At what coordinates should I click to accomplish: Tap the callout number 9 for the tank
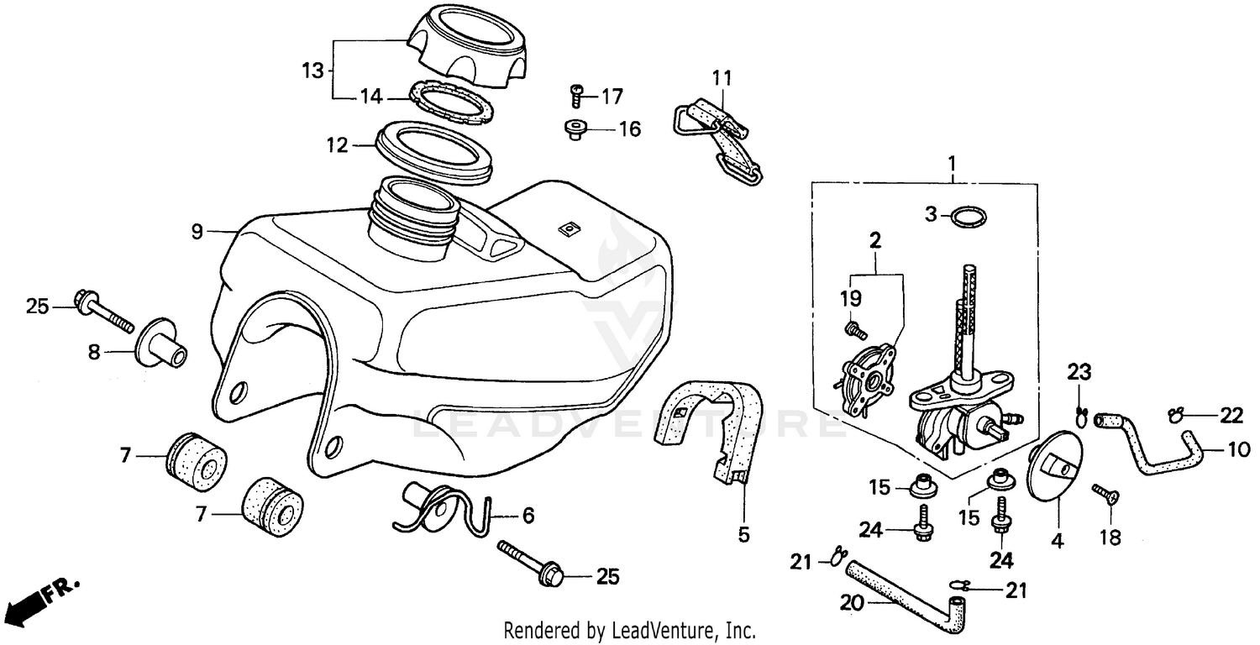pyautogui.click(x=197, y=231)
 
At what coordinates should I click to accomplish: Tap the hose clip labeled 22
pyautogui.click(x=1177, y=413)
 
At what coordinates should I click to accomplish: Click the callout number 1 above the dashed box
pyautogui.click(x=953, y=160)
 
